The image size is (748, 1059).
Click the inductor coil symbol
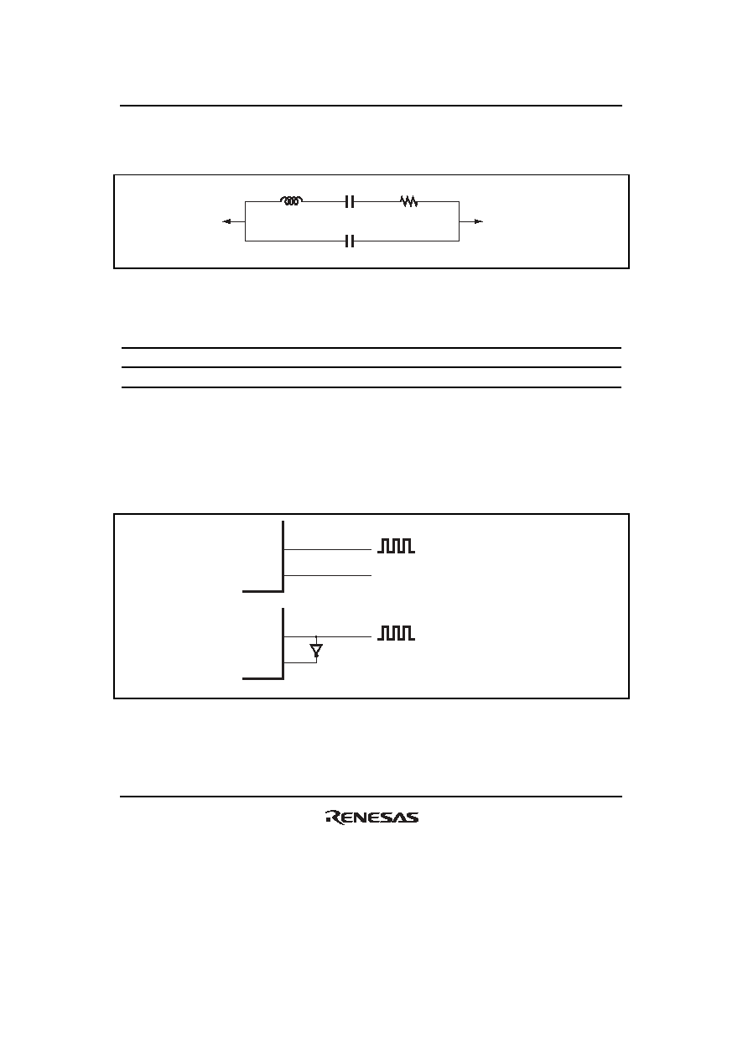click(291, 201)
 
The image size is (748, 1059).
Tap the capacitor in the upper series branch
click(350, 202)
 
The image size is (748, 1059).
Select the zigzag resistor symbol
click(409, 201)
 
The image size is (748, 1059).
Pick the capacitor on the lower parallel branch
click(350, 241)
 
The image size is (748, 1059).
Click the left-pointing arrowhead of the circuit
click(226, 221)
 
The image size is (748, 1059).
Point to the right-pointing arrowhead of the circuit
click(479, 221)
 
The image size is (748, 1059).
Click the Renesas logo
click(371, 818)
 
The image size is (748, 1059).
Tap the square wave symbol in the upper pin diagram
click(397, 546)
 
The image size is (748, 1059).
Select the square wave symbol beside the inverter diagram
click(397, 633)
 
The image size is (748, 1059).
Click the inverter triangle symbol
click(316, 651)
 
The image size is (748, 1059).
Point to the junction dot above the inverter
click(316, 636)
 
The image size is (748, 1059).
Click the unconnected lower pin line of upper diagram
click(327, 575)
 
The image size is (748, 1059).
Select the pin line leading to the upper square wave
click(327, 549)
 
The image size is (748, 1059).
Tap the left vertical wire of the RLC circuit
click(245, 221)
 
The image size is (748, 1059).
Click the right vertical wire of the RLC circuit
click(459, 221)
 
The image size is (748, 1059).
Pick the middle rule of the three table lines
click(371, 367)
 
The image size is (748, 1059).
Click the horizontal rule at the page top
click(371, 106)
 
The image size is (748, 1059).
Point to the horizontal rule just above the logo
click(371, 797)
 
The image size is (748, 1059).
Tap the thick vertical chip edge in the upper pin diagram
click(283, 556)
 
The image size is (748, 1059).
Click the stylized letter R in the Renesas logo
click(335, 818)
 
